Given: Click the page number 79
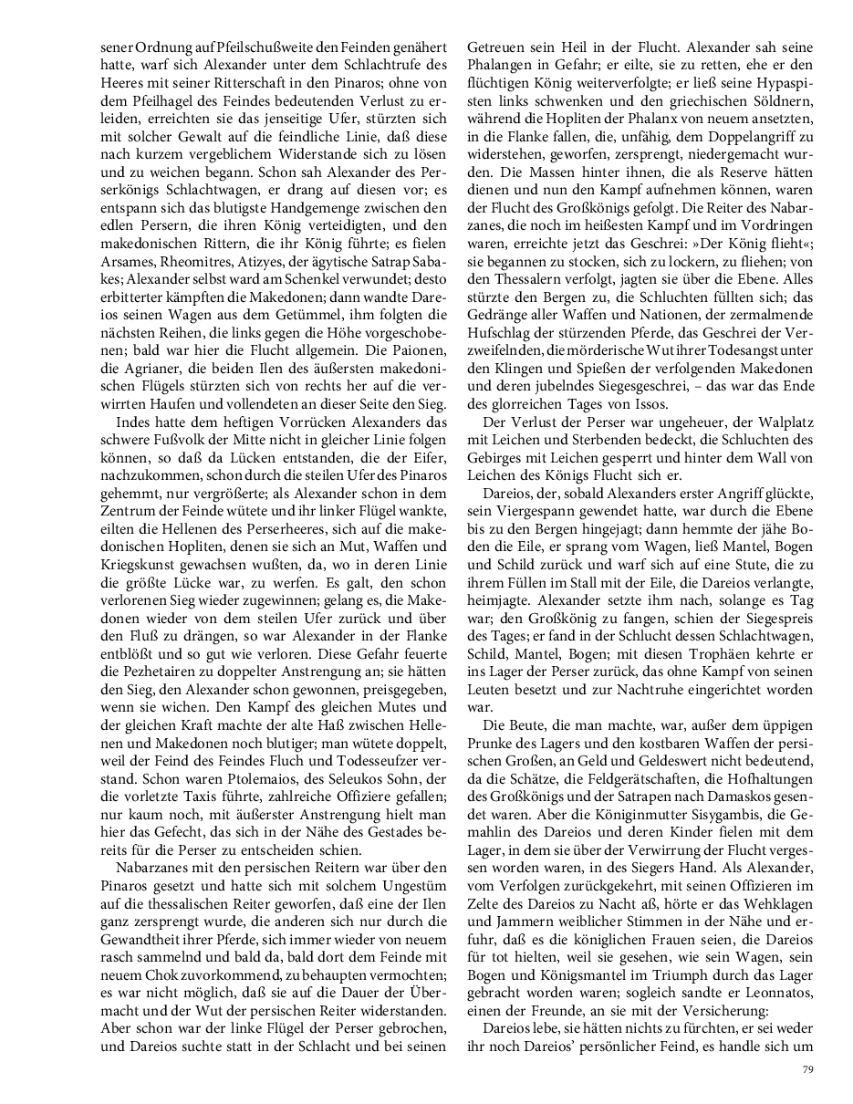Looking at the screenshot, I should pos(806,1069).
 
